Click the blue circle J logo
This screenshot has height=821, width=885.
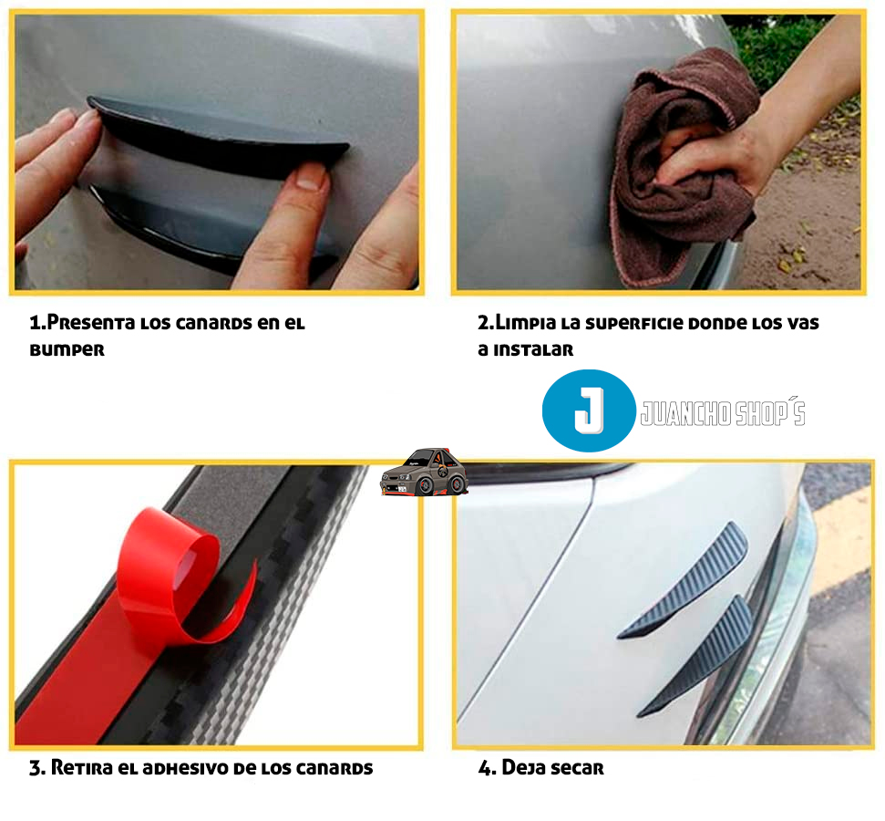coord(589,410)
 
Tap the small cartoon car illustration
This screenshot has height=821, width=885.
coord(425,473)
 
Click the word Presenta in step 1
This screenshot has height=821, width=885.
coord(91,323)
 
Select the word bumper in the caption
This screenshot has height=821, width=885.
coord(67,349)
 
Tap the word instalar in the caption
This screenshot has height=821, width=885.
coord(533,349)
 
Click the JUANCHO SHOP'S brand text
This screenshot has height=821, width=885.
coord(723,412)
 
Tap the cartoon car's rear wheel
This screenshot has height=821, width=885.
coord(457,483)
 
